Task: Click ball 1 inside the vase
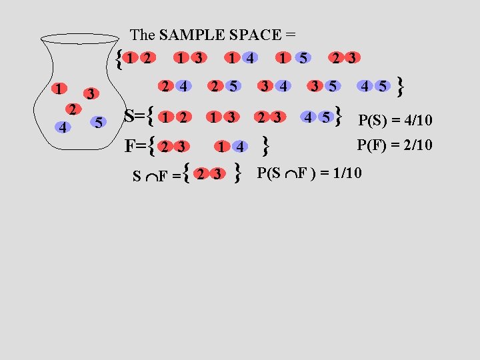pos(60,88)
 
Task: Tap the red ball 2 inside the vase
pos(75,109)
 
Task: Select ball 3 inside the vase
pos(93,93)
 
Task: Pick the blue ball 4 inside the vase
pos(61,126)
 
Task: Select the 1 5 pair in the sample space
pos(293,59)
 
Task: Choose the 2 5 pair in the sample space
pos(223,85)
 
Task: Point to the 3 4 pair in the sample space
pos(274,85)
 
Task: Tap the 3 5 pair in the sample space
pos(323,85)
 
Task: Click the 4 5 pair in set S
pos(317,117)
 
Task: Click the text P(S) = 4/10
pos(395,121)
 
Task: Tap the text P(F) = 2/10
pos(395,144)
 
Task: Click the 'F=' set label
pos(135,145)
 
